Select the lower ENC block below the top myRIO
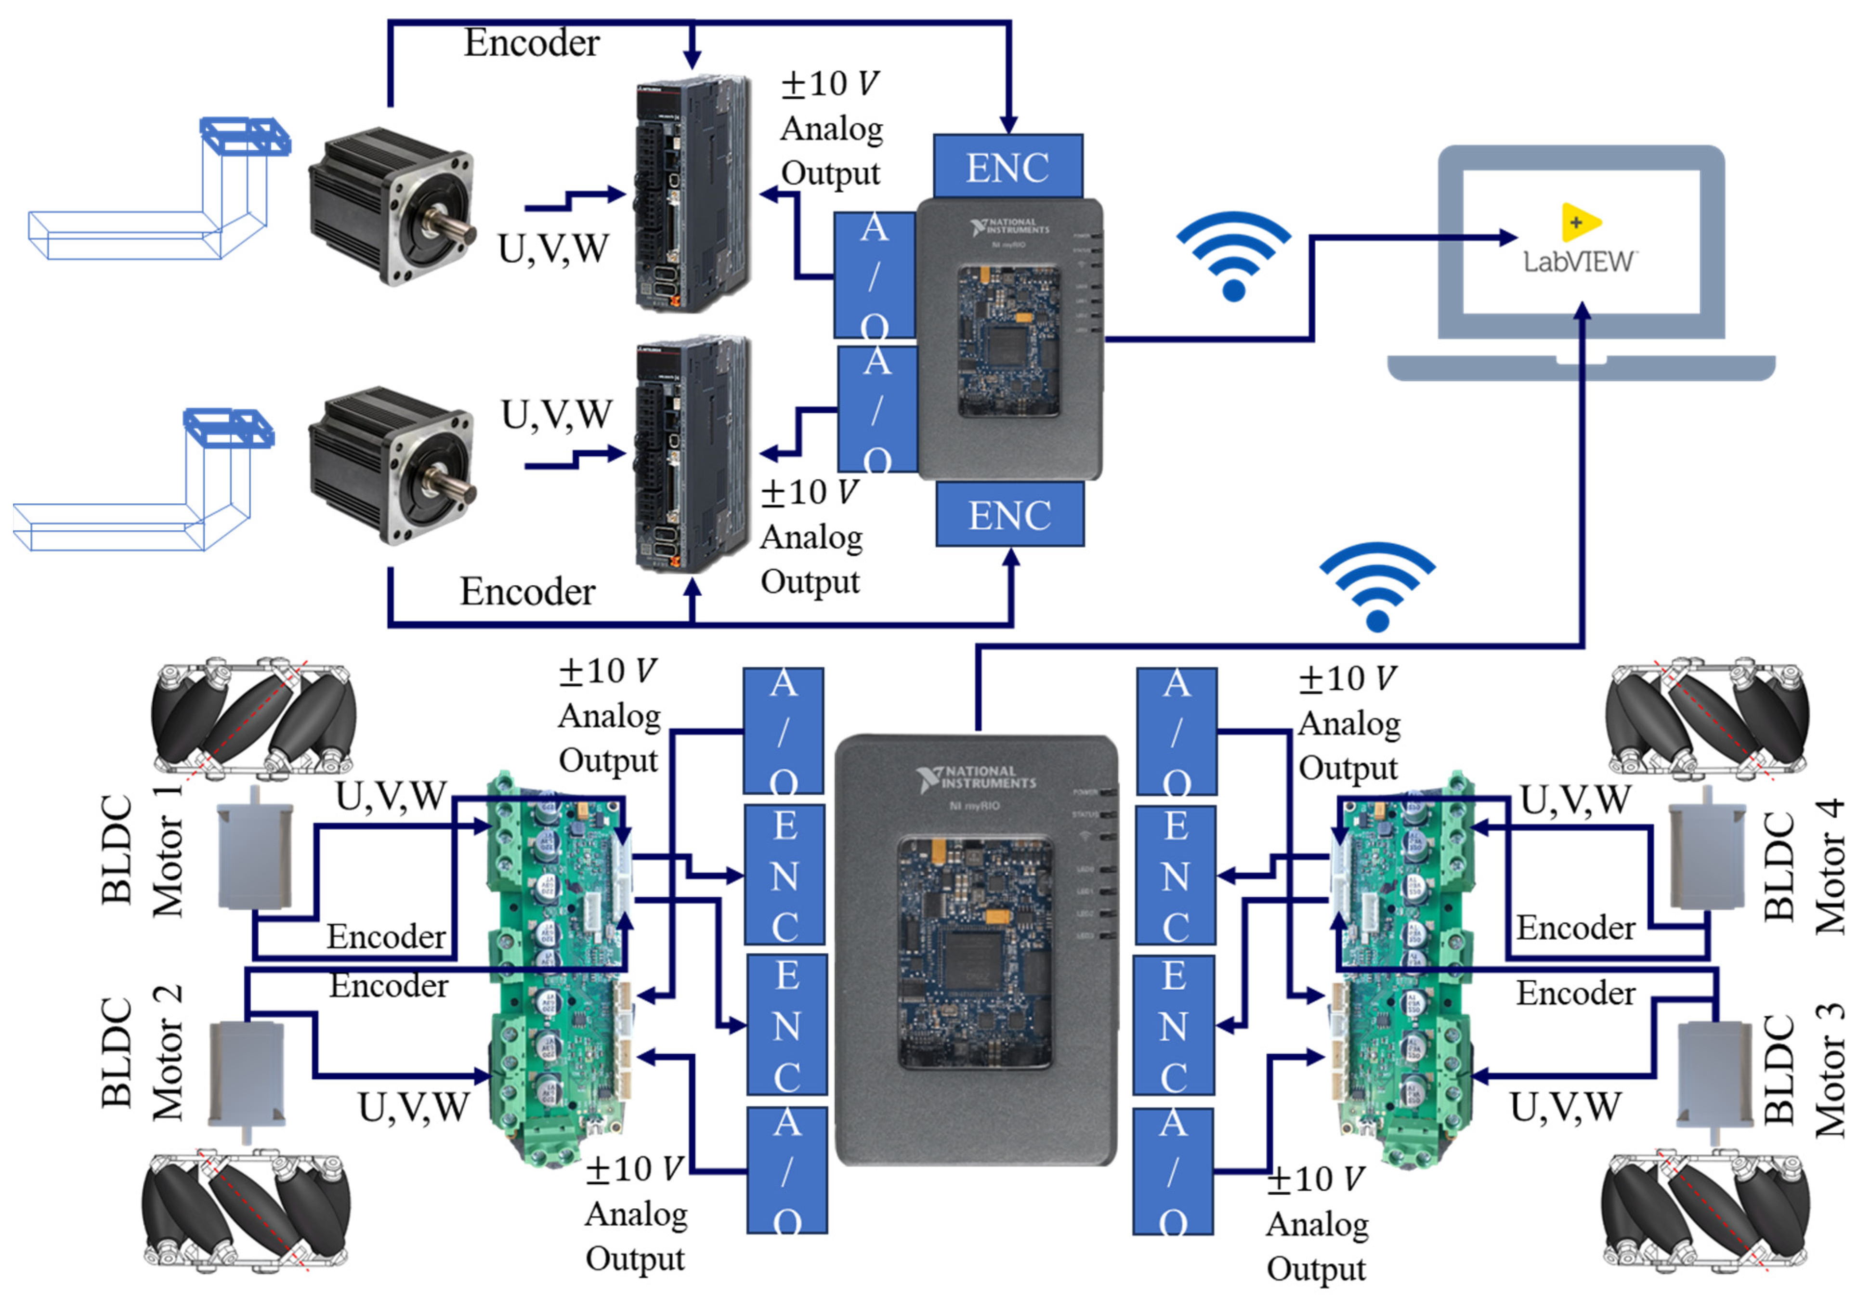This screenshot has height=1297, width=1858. (1010, 514)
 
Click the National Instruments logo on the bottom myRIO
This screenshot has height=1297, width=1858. (975, 778)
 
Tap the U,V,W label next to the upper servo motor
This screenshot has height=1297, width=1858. (553, 249)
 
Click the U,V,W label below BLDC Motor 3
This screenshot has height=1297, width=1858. (1565, 1107)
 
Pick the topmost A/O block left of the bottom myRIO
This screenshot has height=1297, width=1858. (784, 730)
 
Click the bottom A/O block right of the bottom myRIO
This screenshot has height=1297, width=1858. (1173, 1171)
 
